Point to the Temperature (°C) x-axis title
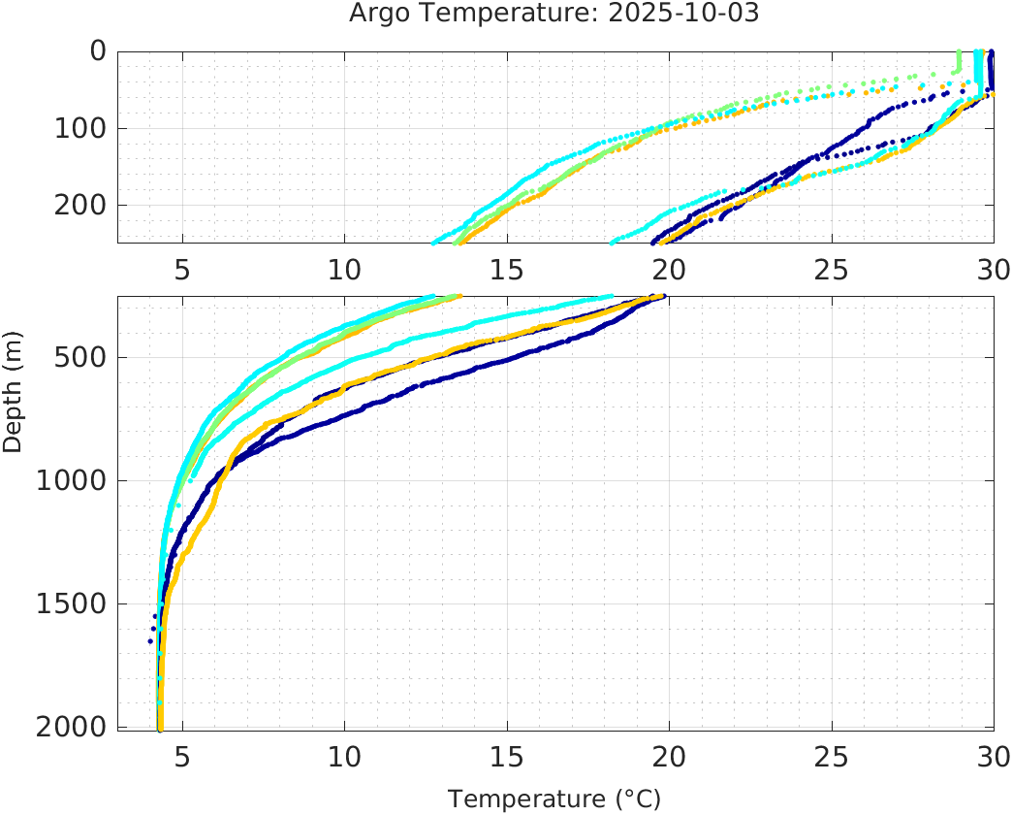tap(553, 799)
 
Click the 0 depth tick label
tap(97, 50)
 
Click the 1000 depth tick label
tap(73, 481)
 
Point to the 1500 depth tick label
tap(73, 604)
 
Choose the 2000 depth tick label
tap(73, 727)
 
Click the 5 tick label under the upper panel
tap(182, 270)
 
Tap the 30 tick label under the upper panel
tap(992, 270)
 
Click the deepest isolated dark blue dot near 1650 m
tap(150, 640)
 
